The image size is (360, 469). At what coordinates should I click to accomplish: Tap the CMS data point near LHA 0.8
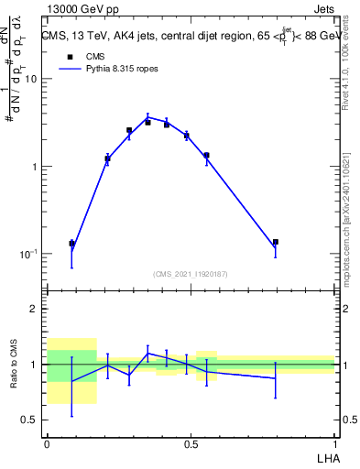[x=276, y=242]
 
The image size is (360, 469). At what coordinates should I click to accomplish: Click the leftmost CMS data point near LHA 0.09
[x=72, y=244]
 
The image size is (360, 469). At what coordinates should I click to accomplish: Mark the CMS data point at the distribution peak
[x=147, y=122]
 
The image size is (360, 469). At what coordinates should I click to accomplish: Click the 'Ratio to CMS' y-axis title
[x=15, y=365]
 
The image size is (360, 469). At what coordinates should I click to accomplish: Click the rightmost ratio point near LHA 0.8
[x=276, y=378]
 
